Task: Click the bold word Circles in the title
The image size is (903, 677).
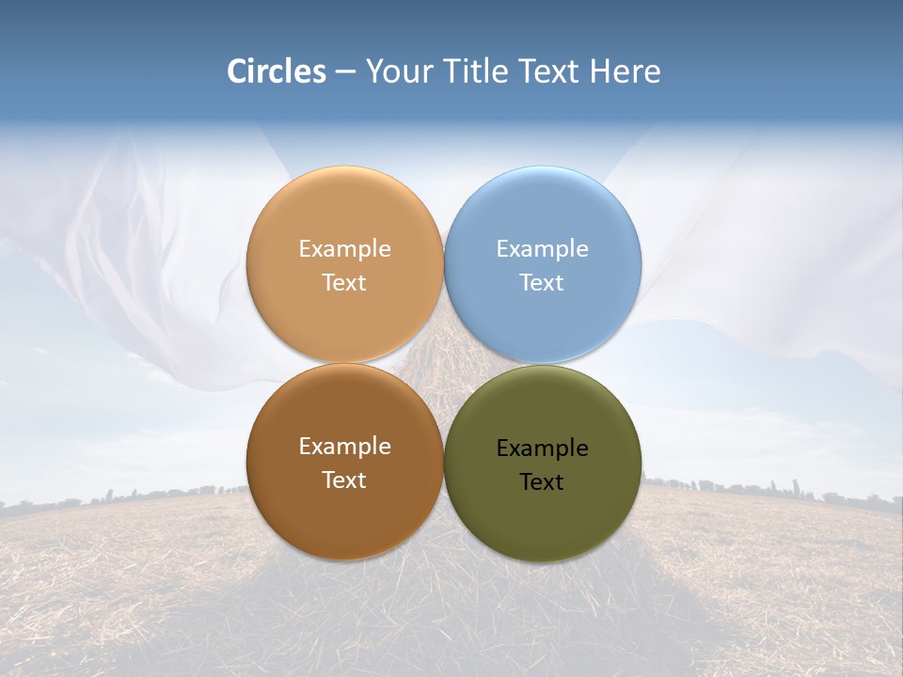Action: [x=277, y=71]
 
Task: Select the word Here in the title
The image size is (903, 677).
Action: [x=625, y=71]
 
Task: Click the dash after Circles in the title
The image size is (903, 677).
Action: [x=345, y=72]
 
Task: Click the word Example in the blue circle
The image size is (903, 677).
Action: [x=542, y=248]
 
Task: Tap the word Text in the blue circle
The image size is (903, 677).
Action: [x=542, y=282]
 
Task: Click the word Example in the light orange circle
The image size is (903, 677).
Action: [x=344, y=248]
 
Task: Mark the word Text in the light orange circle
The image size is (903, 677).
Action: [x=344, y=282]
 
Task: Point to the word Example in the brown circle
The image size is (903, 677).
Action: [x=344, y=446]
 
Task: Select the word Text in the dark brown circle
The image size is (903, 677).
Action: [x=344, y=480]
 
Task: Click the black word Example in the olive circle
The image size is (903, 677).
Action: [x=542, y=448]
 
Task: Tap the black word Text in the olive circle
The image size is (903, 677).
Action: [x=542, y=481]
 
